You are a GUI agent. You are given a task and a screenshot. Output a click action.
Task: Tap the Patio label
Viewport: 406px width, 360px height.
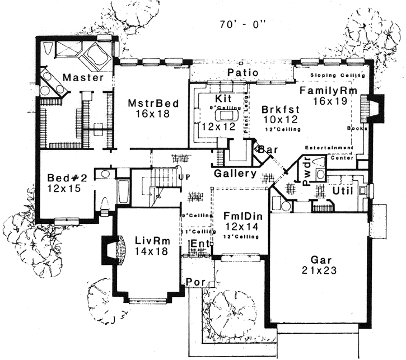click(242, 73)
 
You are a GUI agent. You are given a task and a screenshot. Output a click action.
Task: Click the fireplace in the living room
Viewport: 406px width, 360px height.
click(115, 250)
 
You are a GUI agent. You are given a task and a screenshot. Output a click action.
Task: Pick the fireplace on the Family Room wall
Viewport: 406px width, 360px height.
click(371, 109)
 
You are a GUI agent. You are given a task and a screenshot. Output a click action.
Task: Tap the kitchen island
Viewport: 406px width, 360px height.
click(227, 115)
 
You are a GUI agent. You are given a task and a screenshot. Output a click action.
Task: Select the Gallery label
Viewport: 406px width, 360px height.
click(235, 174)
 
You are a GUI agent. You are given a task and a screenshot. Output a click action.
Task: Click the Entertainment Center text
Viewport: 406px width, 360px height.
click(329, 152)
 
